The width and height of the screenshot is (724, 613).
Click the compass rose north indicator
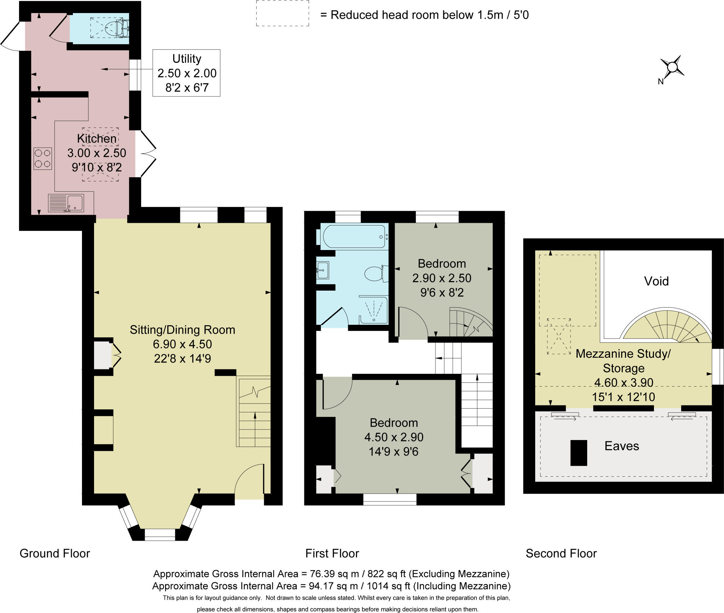coord(672,67)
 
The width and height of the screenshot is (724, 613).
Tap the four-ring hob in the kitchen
coord(43,159)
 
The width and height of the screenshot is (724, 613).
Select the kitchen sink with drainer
coord(66,203)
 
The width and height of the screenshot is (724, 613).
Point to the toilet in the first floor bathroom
coord(375,274)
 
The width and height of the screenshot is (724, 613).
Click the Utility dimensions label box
coord(186,73)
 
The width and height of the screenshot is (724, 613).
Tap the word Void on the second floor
coord(656,281)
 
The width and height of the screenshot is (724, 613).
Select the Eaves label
coord(621,446)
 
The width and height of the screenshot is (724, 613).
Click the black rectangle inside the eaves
coord(579,453)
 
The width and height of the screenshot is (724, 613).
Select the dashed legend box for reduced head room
coord(282,13)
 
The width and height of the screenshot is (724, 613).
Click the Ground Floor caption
coord(55,553)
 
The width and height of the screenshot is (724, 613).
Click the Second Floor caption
coord(561,553)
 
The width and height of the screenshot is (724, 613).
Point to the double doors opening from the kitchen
coord(147,154)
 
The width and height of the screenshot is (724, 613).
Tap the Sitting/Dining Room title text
coord(182,329)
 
